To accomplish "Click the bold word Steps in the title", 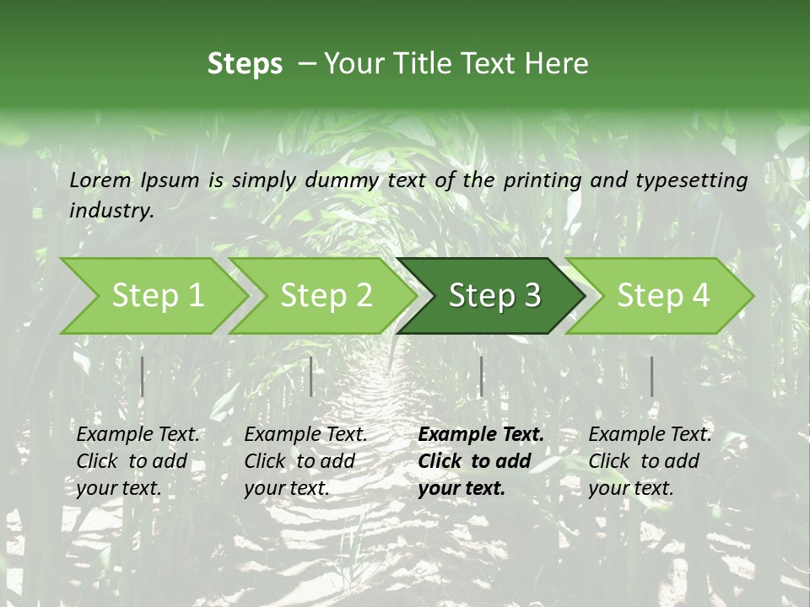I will tap(245, 63).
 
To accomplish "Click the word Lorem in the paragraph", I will tap(100, 180).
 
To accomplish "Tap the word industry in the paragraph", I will tap(111, 210).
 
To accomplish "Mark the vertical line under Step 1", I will tap(142, 376).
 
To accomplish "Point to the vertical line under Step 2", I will tap(311, 376).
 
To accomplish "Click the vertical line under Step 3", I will tap(481, 376).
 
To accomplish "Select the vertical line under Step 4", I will tap(651, 376).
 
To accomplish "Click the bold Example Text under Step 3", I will tap(481, 435).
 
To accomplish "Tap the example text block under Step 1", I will tap(138, 461).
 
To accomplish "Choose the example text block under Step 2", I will tap(305, 461).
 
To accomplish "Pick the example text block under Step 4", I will tap(650, 461).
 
